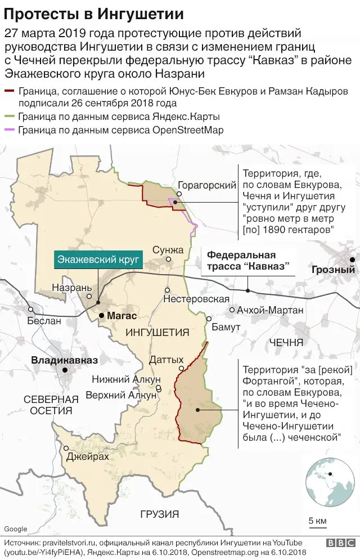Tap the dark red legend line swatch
click(x=10, y=91)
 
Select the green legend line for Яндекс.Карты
click(x=10, y=117)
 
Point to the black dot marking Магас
click(x=101, y=316)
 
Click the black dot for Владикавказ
click(x=65, y=370)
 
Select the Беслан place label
click(x=44, y=321)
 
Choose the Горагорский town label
click(x=206, y=186)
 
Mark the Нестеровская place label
click(x=196, y=299)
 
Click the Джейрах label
click(x=87, y=457)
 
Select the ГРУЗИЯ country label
click(x=160, y=514)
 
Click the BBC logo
click(x=340, y=543)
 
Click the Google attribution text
click(x=15, y=528)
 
